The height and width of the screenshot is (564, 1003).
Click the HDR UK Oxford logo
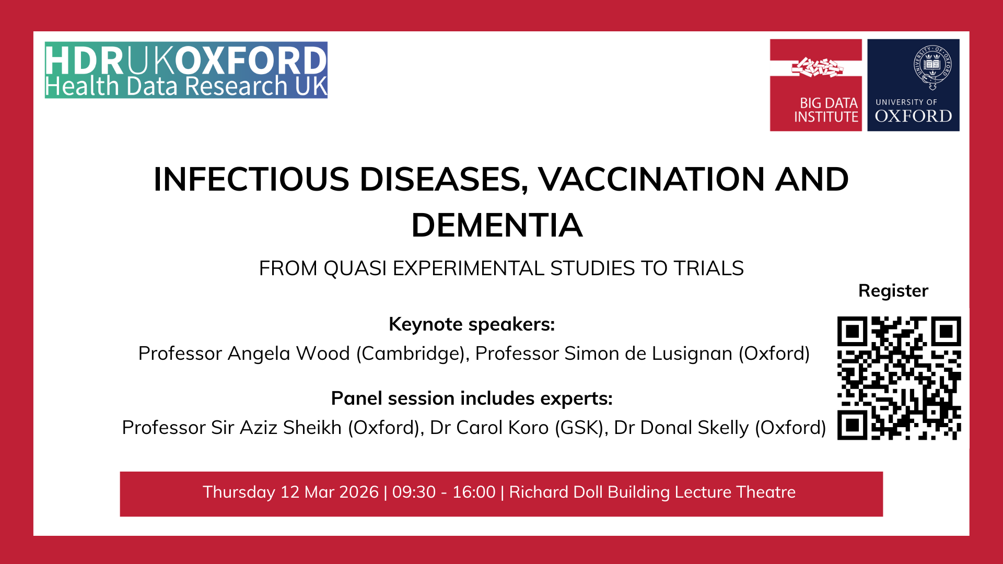click(186, 70)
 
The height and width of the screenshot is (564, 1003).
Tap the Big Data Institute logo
click(815, 85)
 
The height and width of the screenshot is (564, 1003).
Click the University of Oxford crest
click(932, 67)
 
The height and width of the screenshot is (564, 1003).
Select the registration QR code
click(899, 378)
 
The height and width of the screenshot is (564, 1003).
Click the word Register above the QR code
click(893, 291)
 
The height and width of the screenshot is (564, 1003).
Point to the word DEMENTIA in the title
click(497, 226)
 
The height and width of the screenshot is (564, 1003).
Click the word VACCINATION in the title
click(651, 180)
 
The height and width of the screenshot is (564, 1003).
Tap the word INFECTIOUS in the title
click(251, 180)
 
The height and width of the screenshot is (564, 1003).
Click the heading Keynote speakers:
click(472, 325)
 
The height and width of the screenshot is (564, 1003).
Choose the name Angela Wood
click(288, 354)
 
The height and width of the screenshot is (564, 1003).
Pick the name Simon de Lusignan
click(648, 354)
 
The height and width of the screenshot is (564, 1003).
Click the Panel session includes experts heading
click(472, 398)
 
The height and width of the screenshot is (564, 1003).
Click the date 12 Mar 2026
click(329, 492)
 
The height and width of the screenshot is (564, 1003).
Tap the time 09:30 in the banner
click(414, 492)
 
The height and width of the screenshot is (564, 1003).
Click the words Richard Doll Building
click(589, 492)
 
